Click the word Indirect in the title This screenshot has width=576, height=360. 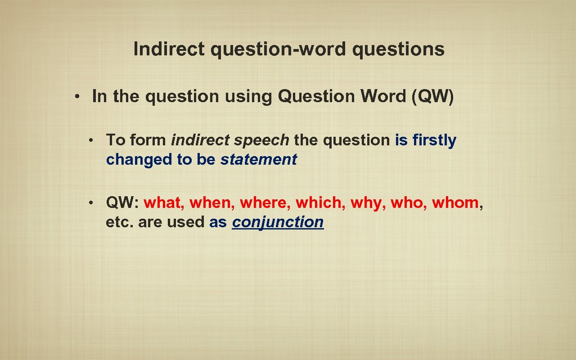click(169, 49)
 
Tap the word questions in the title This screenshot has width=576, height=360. click(398, 49)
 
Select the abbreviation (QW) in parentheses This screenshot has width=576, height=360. click(432, 96)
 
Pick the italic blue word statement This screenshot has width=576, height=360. click(258, 159)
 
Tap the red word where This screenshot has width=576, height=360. click(265, 203)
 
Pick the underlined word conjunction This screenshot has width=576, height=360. click(278, 222)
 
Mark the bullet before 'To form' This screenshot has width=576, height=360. click(90, 140)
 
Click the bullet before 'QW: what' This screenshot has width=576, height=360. click(90, 203)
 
